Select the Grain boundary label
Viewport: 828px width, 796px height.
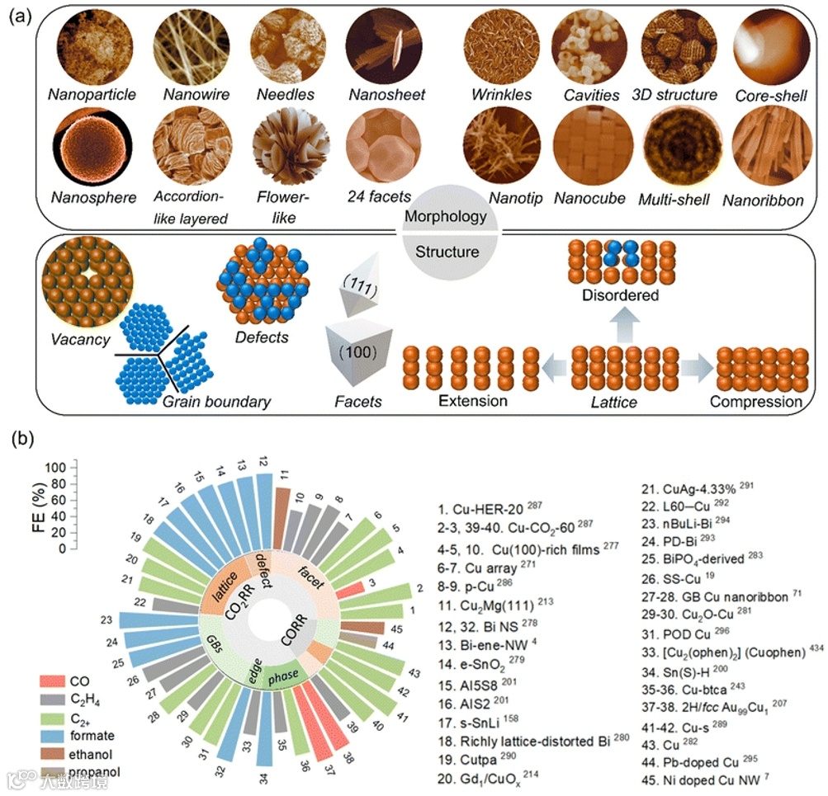point(216,403)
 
